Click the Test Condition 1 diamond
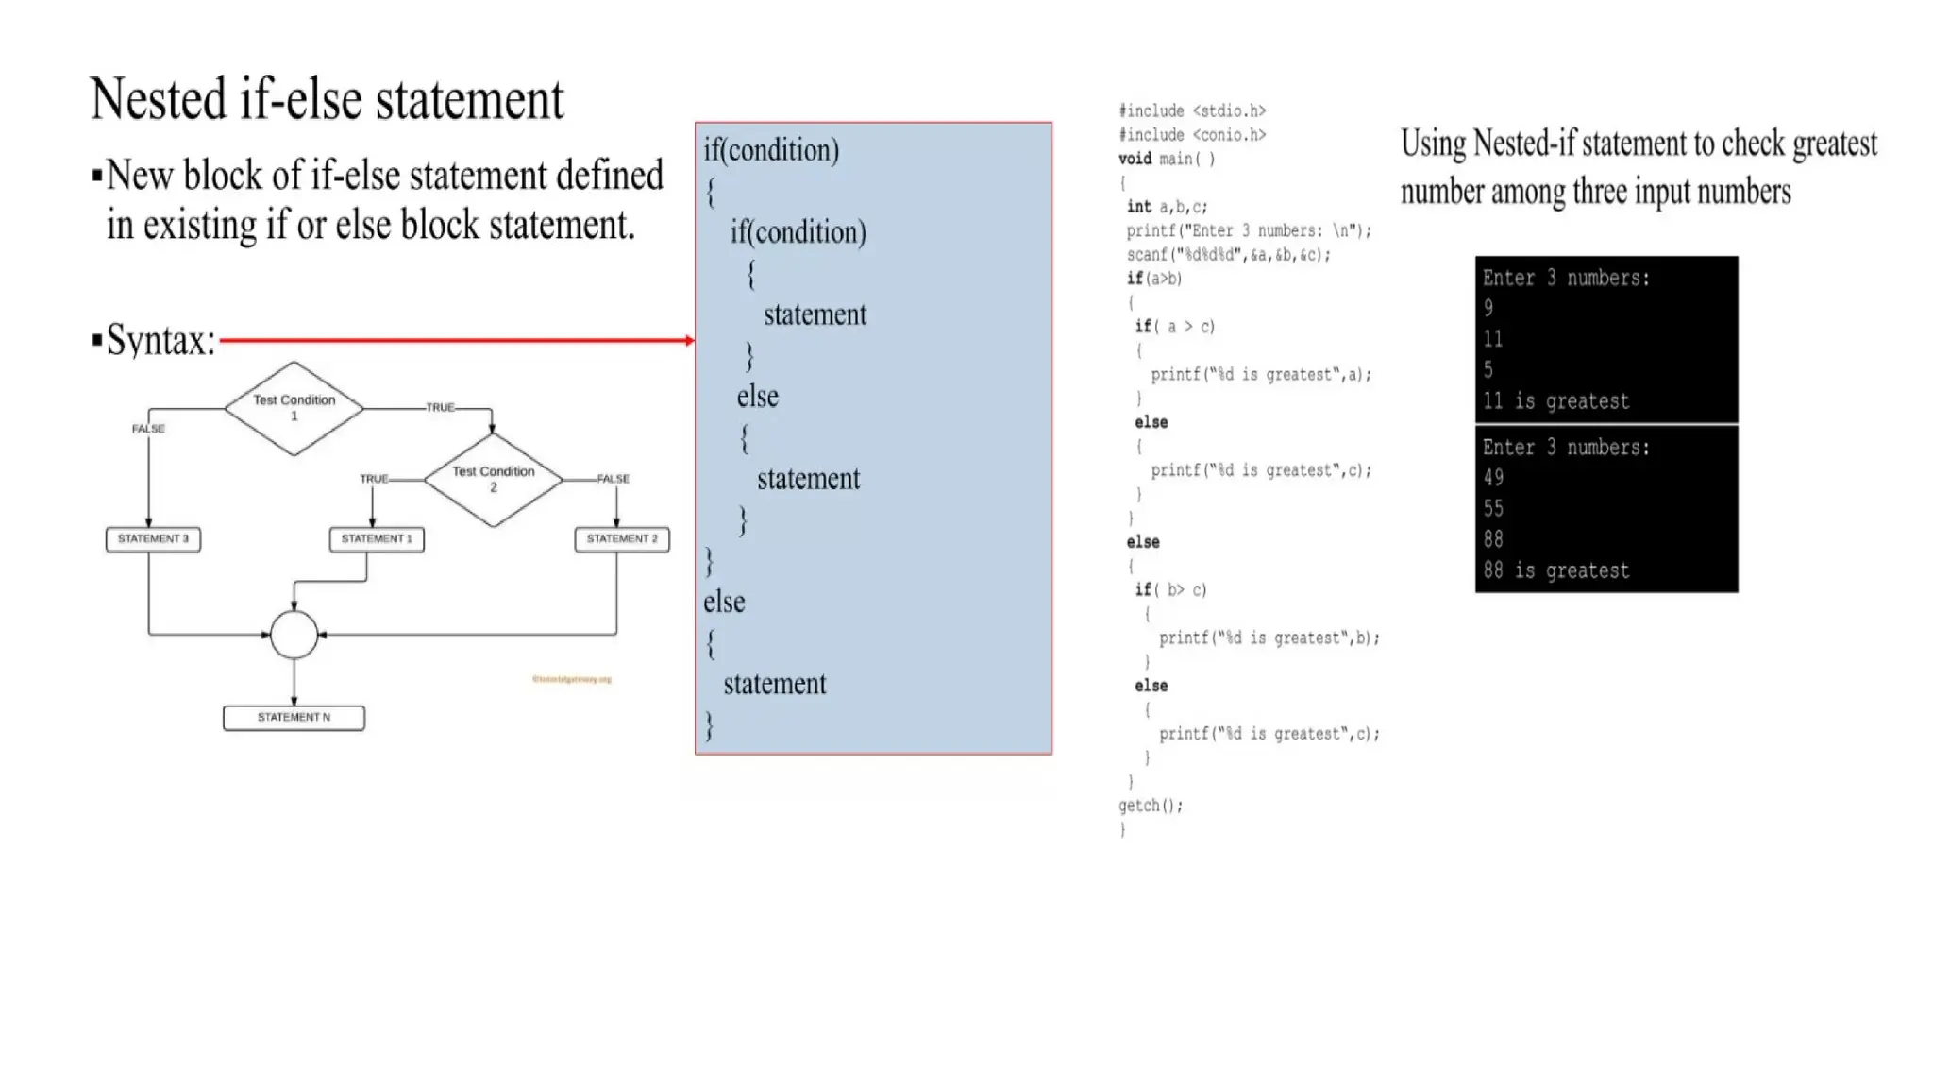294,408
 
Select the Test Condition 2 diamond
493,479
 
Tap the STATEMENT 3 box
153,539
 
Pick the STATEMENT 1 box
377,539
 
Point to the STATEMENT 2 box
622,539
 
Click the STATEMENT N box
294,718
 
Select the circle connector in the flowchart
294,635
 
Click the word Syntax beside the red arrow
160,340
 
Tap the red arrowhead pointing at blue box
690,341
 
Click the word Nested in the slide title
160,99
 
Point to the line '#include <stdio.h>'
1192,111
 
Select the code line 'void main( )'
1167,159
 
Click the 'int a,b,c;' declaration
1167,207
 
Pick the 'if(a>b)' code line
1153,279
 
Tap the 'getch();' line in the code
1150,806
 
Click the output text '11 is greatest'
1555,401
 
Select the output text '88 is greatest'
1555,570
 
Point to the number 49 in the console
1493,478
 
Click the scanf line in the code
1228,255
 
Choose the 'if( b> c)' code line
1170,590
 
